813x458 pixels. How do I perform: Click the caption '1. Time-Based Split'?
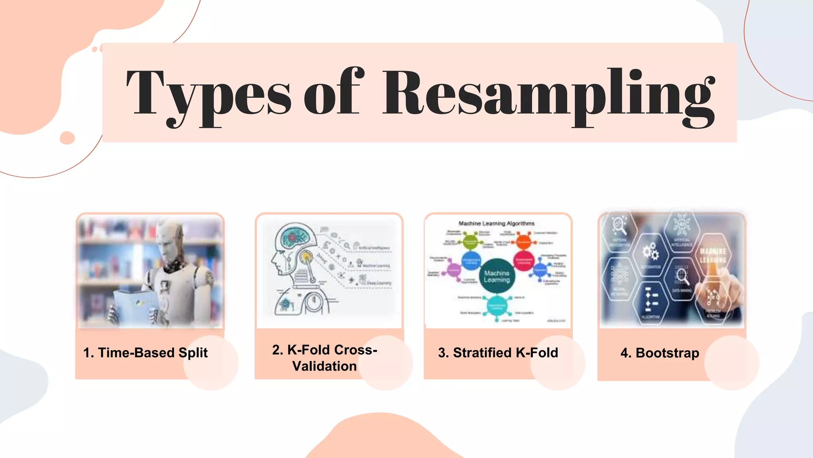pos(145,353)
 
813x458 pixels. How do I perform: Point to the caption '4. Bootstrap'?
pos(660,353)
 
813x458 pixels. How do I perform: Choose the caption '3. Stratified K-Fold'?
pos(498,353)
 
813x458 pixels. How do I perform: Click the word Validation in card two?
pos(324,366)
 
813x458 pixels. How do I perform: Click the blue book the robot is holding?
pos(133,306)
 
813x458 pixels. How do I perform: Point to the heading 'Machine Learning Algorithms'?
pos(496,223)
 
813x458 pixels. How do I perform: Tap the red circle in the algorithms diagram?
pos(524,261)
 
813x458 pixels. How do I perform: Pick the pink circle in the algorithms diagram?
pos(453,270)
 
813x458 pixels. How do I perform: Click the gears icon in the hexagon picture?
pos(650,252)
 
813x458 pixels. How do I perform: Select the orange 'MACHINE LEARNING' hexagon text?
pos(713,255)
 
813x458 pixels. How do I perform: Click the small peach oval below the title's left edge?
pos(67,138)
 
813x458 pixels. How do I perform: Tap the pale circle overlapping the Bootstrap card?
pos(731,363)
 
